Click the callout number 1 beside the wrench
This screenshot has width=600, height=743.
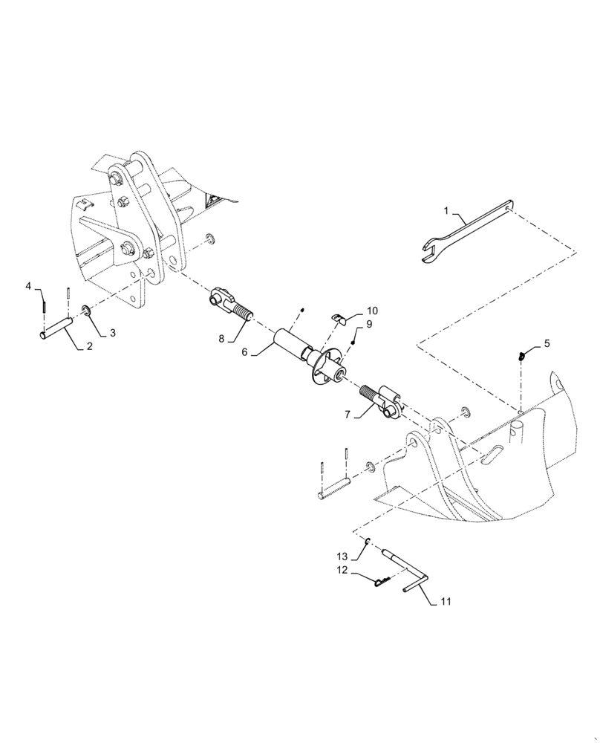446,212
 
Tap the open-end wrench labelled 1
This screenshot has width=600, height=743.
464,231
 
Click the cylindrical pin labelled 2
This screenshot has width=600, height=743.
56,327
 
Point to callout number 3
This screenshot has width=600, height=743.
113,334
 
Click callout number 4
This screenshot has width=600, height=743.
29,285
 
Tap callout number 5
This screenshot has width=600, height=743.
548,343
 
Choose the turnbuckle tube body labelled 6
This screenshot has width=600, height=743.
294,346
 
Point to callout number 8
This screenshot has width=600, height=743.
221,339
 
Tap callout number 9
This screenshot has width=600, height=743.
369,324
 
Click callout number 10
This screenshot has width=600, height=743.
371,310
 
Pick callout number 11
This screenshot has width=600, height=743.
446,601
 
